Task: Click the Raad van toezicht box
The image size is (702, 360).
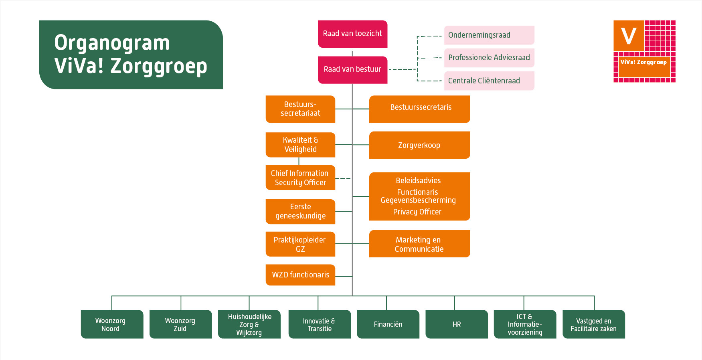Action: click(352, 34)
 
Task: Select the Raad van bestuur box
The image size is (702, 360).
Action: click(352, 69)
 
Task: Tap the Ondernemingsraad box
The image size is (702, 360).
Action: click(489, 35)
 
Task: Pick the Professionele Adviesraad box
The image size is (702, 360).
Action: click(489, 58)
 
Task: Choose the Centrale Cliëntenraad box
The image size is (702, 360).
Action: click(489, 81)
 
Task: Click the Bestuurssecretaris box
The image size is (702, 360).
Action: click(419, 109)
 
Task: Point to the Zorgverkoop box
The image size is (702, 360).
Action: click(419, 145)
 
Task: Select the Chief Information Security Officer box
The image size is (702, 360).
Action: click(300, 178)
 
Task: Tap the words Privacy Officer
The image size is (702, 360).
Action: click(417, 212)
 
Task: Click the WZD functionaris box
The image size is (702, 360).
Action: click(300, 275)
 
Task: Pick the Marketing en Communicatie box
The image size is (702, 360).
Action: click(419, 244)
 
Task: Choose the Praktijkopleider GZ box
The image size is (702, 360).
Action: click(300, 244)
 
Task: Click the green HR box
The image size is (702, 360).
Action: click(457, 324)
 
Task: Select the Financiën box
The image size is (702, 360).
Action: click(388, 324)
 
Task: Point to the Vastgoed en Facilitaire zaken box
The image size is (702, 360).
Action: click(594, 324)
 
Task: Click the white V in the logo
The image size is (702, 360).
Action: click(629, 36)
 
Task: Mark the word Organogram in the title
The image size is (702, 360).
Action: click(112, 43)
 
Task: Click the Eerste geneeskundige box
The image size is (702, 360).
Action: click(300, 211)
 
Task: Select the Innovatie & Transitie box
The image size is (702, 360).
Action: click(320, 324)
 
